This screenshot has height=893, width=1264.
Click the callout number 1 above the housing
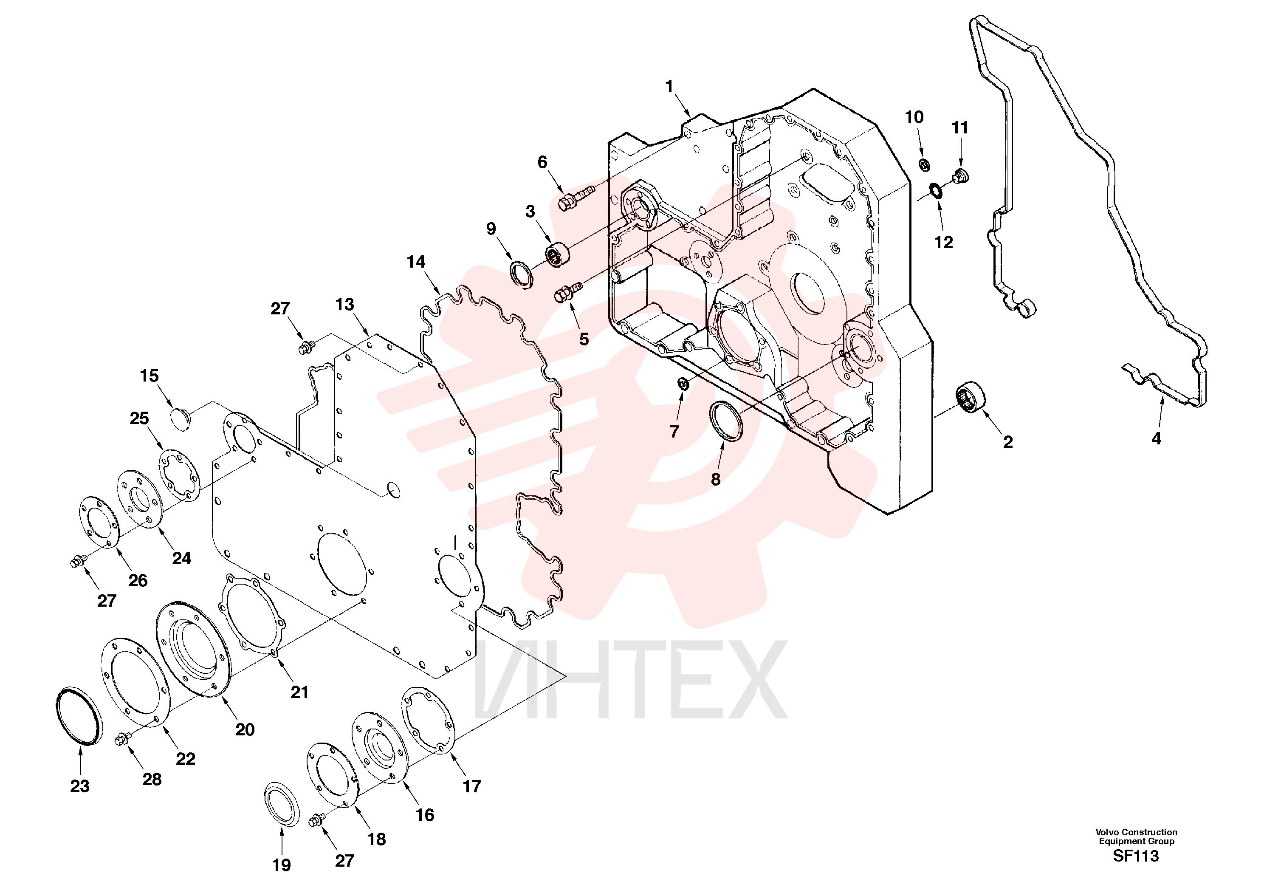(x=669, y=86)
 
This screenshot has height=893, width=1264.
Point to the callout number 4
(x=1156, y=438)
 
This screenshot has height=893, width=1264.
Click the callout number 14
(x=416, y=262)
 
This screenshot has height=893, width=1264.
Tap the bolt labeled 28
(x=122, y=740)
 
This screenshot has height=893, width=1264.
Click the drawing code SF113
(x=1136, y=856)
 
